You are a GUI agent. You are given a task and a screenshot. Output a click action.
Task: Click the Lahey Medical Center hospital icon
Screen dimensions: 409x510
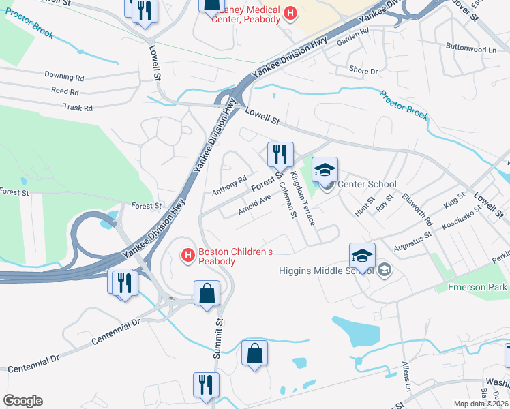pos(290,12)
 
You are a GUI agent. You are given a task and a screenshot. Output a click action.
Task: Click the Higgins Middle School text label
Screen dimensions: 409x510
pos(327,270)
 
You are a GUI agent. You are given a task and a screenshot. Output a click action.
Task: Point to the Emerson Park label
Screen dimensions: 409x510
pos(477,287)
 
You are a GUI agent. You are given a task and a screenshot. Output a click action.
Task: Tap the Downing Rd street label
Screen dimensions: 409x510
pos(64,76)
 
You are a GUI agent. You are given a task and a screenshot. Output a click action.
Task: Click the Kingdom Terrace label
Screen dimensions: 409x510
pos(303,198)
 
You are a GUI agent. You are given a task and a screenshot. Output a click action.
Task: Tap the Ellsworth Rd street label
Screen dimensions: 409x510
pos(421,212)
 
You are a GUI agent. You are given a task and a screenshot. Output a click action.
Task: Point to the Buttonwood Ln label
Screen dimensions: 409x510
pos(471,50)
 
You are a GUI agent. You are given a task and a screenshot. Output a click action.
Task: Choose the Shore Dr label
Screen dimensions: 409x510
pos(363,71)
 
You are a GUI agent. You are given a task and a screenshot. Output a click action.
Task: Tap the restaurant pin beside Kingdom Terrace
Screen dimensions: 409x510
pos(280,155)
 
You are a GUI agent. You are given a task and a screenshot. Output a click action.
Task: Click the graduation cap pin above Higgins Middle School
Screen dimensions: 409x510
pos(362,256)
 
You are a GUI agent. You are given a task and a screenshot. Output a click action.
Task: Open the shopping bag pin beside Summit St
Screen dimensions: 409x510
pos(207,294)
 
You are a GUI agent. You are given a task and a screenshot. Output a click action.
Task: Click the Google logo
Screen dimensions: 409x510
pos(22,401)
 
